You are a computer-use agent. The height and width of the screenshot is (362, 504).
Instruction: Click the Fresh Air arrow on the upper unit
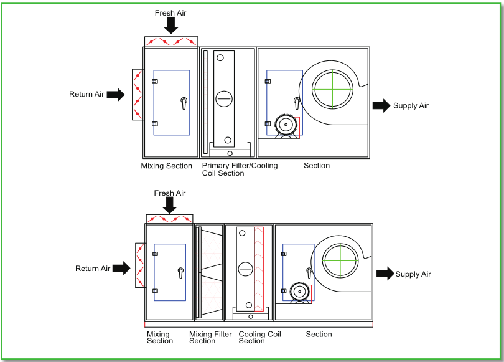coord(171,25)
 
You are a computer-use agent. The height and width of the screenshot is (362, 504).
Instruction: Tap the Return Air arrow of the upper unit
coord(115,95)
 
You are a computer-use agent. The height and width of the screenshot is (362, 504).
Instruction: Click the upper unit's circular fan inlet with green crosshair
coord(332,89)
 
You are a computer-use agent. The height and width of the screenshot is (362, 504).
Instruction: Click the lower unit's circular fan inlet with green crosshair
coord(342,259)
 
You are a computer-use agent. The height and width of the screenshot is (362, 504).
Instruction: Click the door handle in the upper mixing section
coord(183,102)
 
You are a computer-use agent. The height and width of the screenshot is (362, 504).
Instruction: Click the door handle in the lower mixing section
coord(180,272)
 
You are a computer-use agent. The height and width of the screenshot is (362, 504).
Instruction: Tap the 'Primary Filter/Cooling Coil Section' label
coord(240,169)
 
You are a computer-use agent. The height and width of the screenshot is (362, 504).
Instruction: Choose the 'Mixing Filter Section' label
coord(210,338)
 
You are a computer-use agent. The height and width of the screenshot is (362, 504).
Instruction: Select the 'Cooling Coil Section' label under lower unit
coord(259,338)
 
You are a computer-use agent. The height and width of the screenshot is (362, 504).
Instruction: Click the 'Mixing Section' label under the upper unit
coord(166,166)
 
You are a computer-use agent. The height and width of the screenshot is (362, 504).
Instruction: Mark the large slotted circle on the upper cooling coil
coord(223,98)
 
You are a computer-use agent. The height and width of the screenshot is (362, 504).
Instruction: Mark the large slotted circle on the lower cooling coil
coord(245,269)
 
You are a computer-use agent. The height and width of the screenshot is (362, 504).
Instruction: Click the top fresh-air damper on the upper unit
coord(171,42)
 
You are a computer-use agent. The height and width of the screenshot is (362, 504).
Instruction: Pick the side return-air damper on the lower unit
coord(140,265)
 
